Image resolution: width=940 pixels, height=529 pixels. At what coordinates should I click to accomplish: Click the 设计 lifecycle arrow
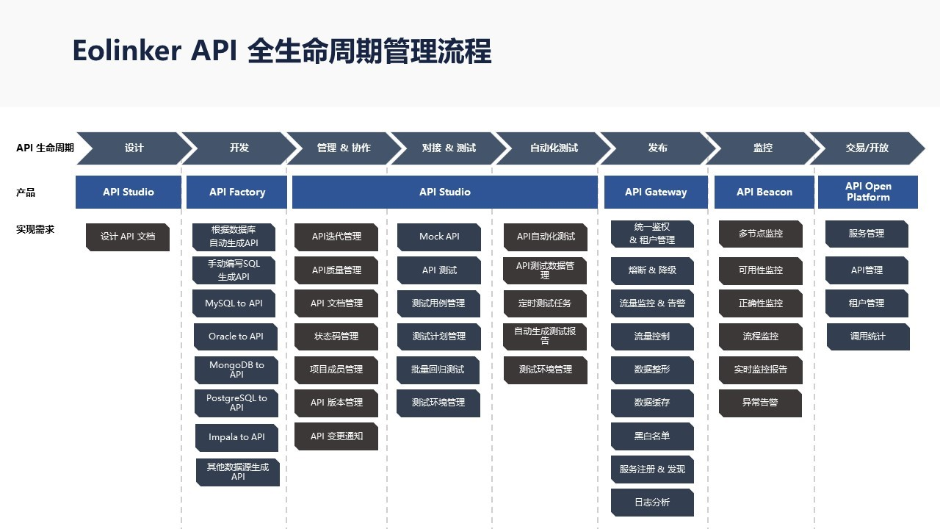click(134, 148)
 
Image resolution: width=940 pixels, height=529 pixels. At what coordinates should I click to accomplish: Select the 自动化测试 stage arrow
click(554, 148)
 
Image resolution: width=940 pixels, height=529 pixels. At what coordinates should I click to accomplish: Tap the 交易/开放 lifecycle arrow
click(867, 148)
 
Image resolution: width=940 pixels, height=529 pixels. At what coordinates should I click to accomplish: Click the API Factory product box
click(237, 192)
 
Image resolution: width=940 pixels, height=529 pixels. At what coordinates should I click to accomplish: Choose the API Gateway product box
click(656, 192)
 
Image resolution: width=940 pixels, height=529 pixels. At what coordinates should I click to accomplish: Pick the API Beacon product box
click(764, 192)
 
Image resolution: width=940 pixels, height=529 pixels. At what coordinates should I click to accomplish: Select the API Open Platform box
click(868, 192)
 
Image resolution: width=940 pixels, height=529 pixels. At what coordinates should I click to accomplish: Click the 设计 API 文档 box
click(128, 237)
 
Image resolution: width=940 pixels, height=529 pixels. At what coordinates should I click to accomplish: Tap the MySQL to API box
click(234, 303)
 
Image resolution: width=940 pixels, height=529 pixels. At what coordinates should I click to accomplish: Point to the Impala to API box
click(236, 437)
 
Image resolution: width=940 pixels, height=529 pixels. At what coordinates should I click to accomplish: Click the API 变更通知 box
click(336, 436)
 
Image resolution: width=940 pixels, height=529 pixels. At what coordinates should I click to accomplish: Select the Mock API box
click(439, 237)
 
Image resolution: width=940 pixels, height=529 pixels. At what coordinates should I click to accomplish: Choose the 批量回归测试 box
click(438, 370)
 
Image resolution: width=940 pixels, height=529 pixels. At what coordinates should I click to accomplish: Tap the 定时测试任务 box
click(545, 303)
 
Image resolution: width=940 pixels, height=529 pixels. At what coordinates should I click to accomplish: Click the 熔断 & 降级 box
click(652, 270)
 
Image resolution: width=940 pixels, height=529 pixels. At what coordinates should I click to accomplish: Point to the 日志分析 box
click(652, 503)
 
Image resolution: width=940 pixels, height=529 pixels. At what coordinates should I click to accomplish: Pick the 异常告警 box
click(760, 403)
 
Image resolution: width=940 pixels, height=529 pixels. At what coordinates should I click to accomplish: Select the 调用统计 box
click(868, 337)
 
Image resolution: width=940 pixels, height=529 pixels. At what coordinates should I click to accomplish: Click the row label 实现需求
click(35, 229)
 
